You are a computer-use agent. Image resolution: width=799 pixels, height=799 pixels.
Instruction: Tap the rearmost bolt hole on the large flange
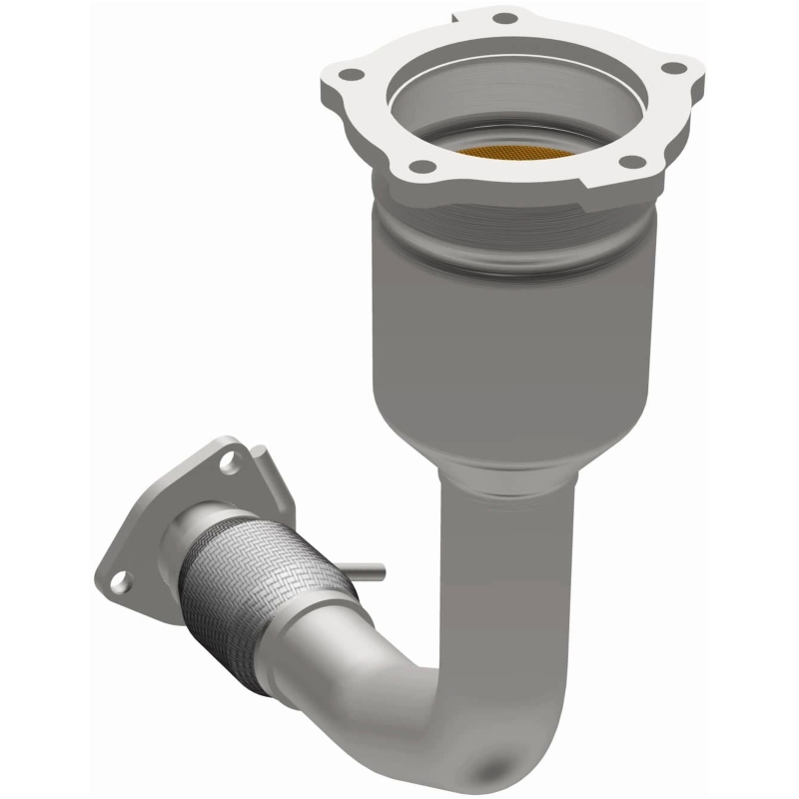coord(503,19)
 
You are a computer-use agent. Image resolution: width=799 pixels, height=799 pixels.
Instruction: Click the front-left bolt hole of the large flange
coord(422,166)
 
